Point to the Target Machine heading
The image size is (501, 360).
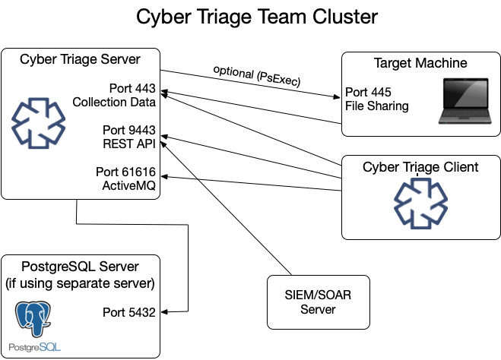420,62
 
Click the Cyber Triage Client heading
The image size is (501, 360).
420,166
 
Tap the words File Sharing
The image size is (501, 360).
376,106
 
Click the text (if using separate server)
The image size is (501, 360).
80,283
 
